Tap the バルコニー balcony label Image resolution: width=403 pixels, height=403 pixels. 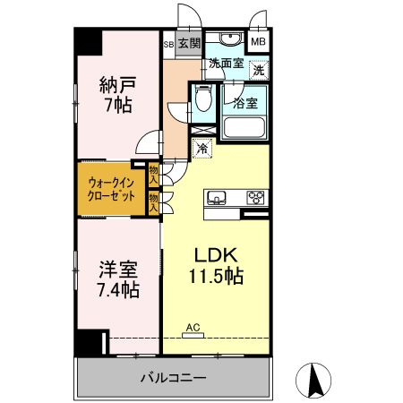[173, 379]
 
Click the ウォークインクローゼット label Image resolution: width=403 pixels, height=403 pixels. [111, 188]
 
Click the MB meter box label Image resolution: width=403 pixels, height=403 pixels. [258, 42]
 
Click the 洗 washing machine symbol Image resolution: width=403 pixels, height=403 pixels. [257, 70]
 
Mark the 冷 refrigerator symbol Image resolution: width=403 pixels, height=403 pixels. [203, 148]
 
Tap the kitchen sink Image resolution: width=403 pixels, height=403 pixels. [218, 198]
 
